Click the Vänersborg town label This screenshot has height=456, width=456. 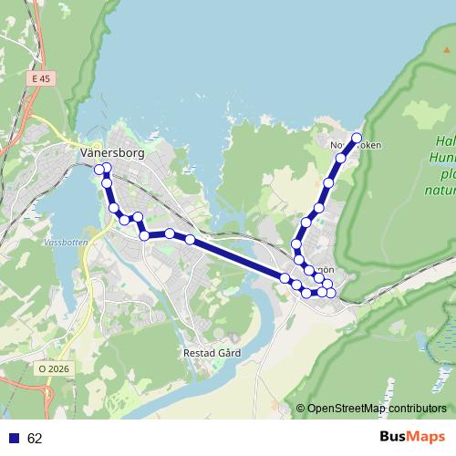112,153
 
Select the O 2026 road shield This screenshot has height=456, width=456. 54,368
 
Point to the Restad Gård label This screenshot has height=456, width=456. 212,351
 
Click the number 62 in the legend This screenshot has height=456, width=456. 36,439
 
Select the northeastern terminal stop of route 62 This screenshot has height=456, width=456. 357,138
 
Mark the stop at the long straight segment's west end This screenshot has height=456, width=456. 190,239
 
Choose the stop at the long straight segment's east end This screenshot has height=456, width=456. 285,278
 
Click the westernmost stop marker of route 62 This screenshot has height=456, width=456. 98,169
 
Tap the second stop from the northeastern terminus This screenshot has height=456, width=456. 341,159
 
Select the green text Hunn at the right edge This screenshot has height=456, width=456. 444,158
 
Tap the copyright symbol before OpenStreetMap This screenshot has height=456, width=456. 300,409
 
